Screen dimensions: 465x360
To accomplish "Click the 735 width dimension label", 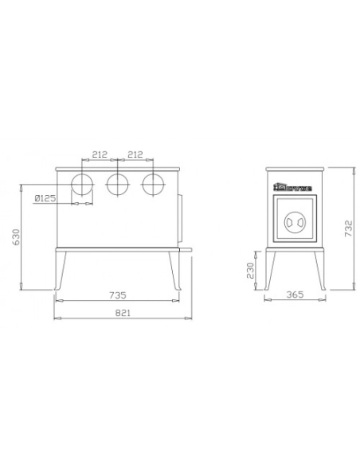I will [117, 293].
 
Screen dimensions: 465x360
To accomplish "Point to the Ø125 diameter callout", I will [45, 199].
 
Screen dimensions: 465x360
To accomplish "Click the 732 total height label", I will [347, 229].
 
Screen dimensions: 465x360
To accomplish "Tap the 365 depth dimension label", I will [295, 293].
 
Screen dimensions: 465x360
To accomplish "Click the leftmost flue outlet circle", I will [82, 185].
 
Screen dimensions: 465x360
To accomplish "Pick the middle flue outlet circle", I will [117, 185].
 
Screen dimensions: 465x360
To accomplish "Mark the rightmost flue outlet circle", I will [152, 185].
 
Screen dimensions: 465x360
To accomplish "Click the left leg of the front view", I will [61, 271].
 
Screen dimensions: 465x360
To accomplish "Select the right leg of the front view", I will [174, 271].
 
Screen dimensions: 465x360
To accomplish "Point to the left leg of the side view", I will [273, 271].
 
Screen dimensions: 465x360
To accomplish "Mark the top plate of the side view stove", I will [295, 170].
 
